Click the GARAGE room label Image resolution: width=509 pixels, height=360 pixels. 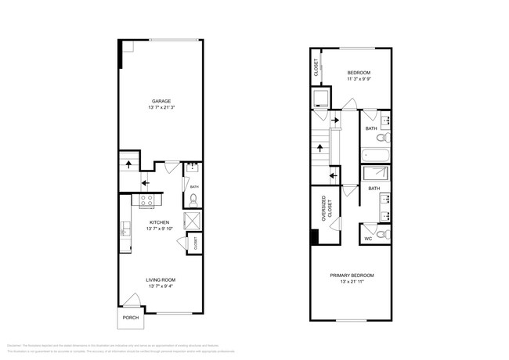[x=161, y=101]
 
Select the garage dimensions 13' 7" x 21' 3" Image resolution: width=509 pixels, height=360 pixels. [x=161, y=109]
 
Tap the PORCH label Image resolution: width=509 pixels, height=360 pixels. [x=130, y=318]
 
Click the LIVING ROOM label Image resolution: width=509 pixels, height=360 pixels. [x=161, y=279]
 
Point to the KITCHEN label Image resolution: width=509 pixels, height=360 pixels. [x=161, y=221]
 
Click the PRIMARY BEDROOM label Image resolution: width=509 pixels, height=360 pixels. [x=352, y=275]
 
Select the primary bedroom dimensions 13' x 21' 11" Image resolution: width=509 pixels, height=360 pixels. [x=352, y=283]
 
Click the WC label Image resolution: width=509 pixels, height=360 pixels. [x=368, y=238]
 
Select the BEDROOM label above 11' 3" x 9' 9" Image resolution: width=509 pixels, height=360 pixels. [x=359, y=72]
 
